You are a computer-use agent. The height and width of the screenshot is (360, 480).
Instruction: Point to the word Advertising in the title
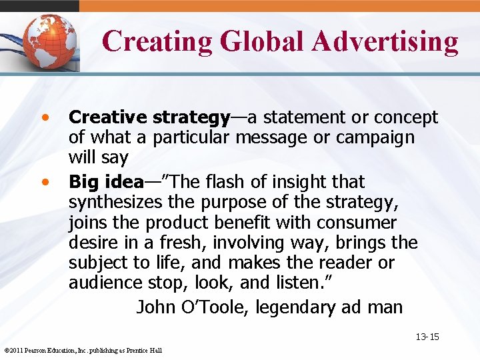[x=386, y=41]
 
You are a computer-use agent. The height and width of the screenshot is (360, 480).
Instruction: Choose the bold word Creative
[x=108, y=118]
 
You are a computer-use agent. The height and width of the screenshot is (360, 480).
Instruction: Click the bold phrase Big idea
[x=106, y=182]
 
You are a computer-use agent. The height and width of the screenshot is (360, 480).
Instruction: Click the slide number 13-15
[x=427, y=337]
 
